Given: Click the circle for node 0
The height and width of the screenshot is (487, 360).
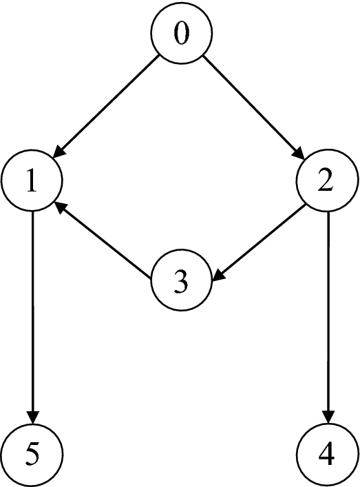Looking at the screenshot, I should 180,34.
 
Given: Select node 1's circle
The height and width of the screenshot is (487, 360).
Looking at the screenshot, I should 32,182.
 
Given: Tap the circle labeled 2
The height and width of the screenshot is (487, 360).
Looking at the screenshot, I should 326,182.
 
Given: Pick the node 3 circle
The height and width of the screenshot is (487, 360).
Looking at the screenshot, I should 180,282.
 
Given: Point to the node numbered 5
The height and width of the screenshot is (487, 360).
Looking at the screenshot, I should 32,454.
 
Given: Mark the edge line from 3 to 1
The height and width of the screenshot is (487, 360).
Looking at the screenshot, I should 103,241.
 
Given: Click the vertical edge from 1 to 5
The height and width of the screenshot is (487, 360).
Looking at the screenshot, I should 32,310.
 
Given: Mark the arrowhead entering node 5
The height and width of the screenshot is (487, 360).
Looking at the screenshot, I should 32,417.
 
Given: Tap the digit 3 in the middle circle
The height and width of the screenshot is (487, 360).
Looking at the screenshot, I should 180,282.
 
